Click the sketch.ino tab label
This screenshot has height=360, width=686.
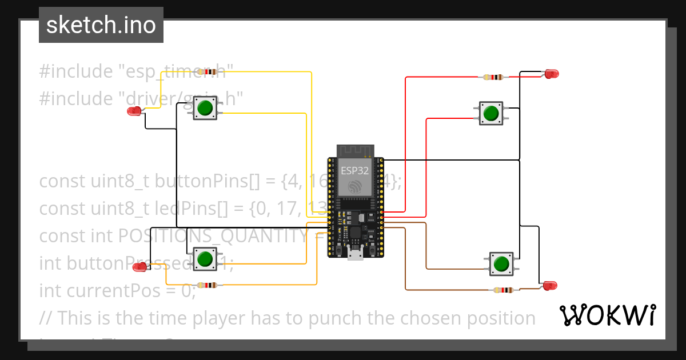tap(101, 25)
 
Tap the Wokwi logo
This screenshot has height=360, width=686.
tap(607, 315)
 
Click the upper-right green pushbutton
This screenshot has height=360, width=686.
tap(490, 113)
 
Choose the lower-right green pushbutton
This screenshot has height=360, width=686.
tap(501, 264)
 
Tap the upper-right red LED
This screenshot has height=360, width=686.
tap(551, 74)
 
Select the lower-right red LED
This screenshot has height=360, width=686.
tap(549, 285)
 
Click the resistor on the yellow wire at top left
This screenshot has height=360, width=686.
tap(210, 72)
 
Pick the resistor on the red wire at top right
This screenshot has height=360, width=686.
tap(493, 77)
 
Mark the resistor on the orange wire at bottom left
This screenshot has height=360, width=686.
tap(206, 285)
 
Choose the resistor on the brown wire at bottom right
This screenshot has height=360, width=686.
tap(504, 290)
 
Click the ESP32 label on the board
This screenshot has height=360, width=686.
tap(354, 170)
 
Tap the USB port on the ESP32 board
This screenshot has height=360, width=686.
tap(354, 255)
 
